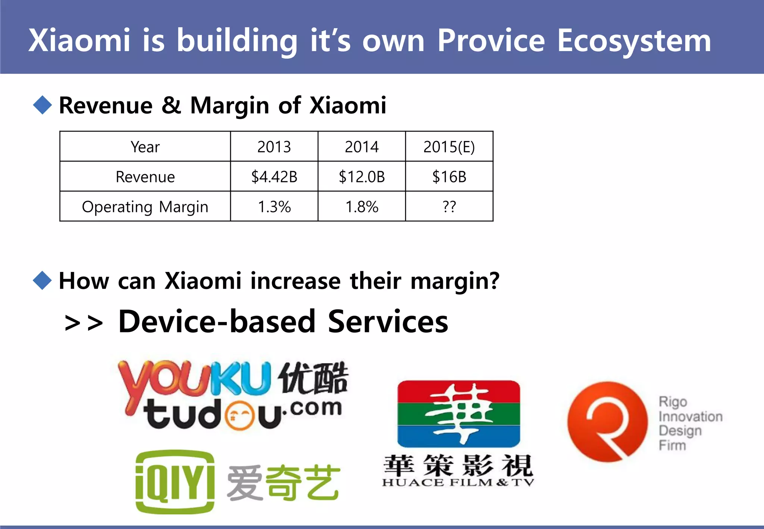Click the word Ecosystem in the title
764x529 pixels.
tap(634, 41)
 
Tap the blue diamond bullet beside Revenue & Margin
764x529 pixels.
tap(42, 105)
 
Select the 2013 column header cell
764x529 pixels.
tap(274, 147)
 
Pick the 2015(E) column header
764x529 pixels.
tap(449, 147)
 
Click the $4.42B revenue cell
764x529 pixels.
tap(274, 176)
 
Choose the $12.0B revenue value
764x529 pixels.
tap(361, 176)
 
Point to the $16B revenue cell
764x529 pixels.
tap(449, 176)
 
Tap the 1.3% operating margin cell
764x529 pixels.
tap(274, 206)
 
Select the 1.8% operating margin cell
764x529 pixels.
tap(361, 206)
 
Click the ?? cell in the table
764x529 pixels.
tap(449, 206)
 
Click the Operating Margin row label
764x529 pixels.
tap(145, 207)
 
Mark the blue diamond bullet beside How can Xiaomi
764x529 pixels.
tap(42, 280)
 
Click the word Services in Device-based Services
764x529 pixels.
tap(388, 322)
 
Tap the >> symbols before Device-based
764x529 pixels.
tap(84, 323)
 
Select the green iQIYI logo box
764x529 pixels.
tap(175, 482)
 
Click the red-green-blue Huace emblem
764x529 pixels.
tap(458, 413)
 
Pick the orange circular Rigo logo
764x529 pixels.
tap(607, 422)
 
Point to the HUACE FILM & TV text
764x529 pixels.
tap(458, 482)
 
